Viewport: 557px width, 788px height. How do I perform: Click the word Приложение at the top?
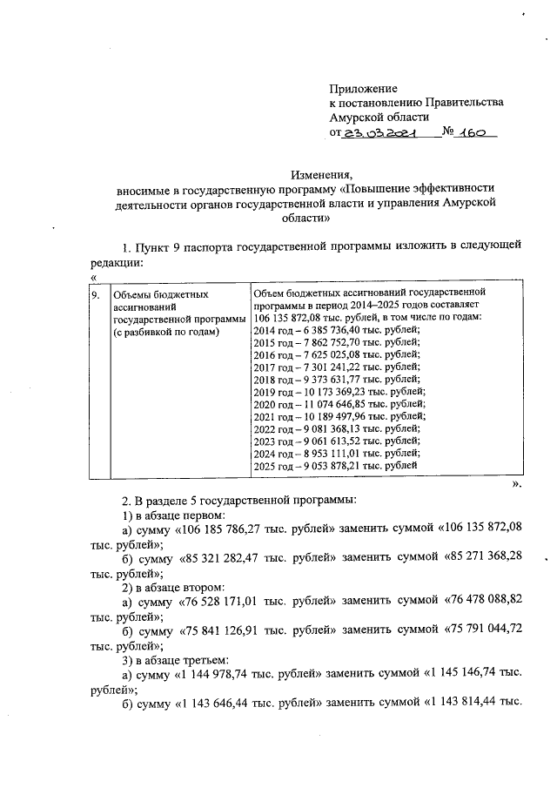pyautogui.click(x=363, y=89)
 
